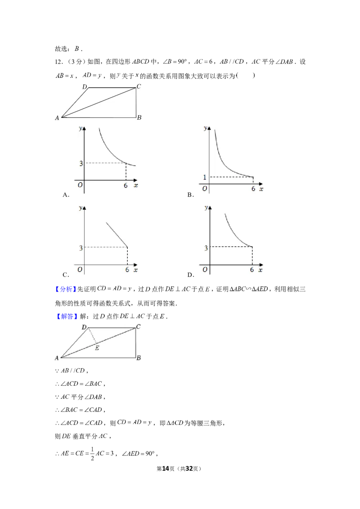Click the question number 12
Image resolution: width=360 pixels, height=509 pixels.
coord(58,62)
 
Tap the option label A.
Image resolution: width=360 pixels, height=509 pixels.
coord(66,195)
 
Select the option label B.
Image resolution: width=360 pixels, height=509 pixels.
coord(190,195)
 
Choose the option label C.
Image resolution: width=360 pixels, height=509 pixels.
coord(66,275)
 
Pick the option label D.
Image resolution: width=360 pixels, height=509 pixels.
coord(190,275)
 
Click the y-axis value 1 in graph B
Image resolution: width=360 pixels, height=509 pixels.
coord(205,177)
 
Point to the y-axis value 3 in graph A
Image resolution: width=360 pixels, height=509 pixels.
coord(81,163)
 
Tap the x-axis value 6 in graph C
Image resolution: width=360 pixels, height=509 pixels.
coord(127,270)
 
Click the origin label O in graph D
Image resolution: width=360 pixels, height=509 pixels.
coord(205,269)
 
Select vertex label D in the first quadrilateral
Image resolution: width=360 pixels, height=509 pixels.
coord(85,87)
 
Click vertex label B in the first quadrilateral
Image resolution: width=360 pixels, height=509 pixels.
coord(139,117)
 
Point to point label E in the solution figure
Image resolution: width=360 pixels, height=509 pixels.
coord(97,348)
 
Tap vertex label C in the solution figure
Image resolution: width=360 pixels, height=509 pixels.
coord(139,326)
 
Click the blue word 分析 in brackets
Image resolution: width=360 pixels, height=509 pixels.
coord(66,289)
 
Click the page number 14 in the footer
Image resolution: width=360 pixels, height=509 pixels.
coord(166,469)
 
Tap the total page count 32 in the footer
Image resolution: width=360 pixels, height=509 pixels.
coord(189,469)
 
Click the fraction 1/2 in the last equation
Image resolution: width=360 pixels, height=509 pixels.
coord(92,454)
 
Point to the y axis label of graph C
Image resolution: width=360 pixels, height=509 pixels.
coord(80,208)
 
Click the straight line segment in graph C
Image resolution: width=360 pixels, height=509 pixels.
coord(117,235)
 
